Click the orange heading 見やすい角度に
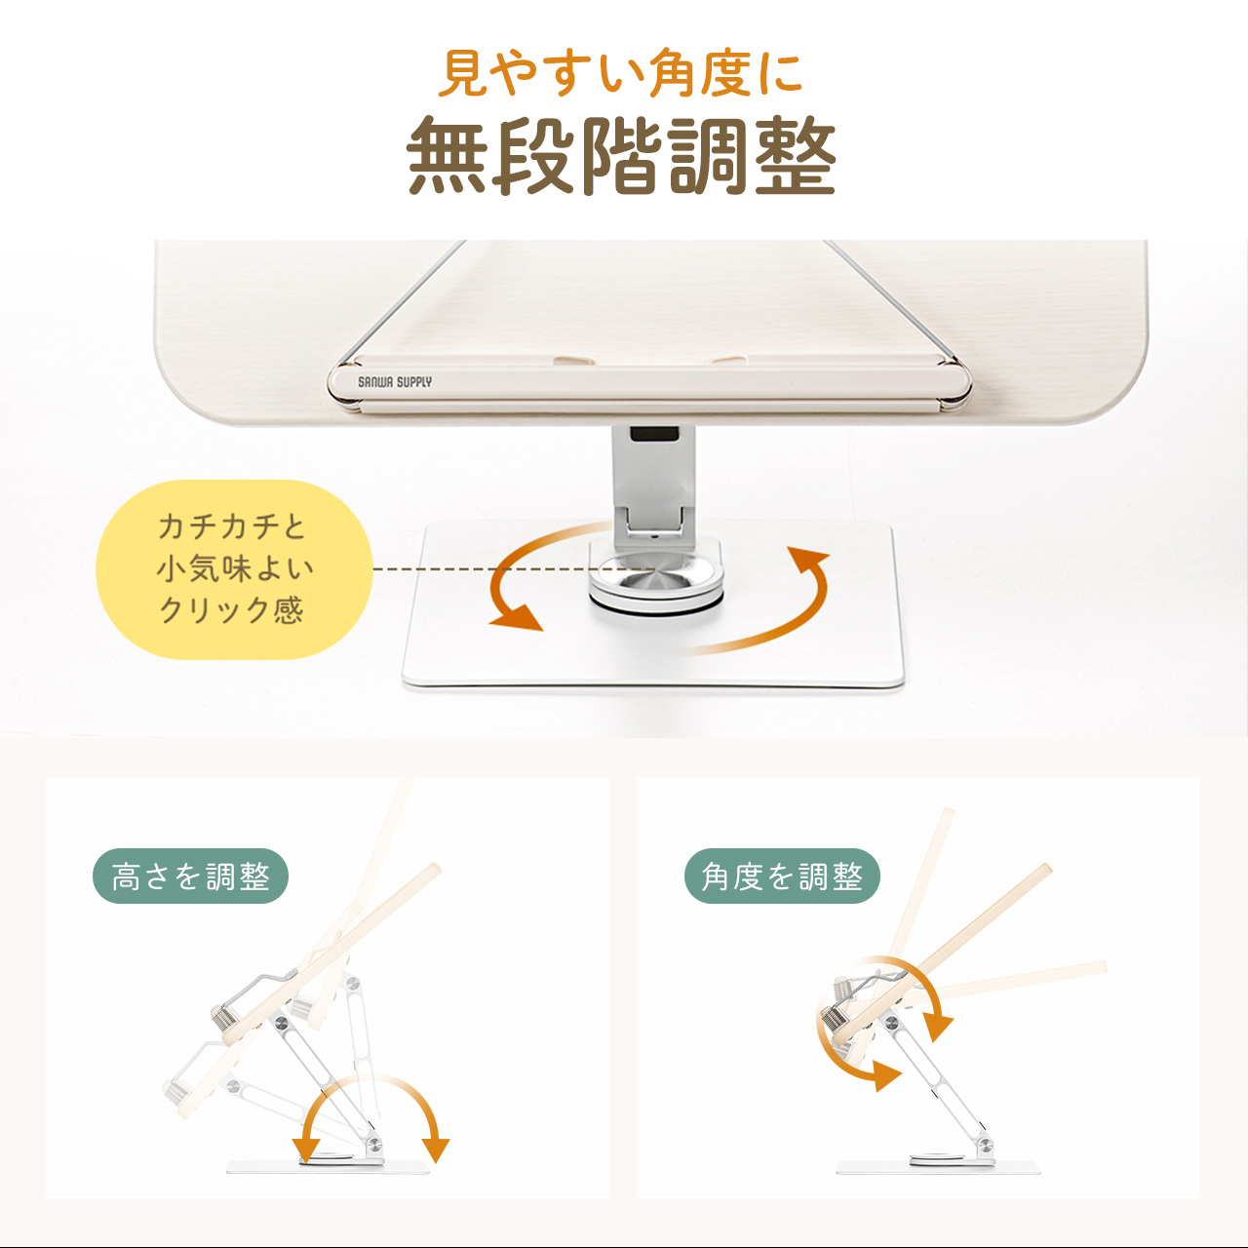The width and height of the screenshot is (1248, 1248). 620,73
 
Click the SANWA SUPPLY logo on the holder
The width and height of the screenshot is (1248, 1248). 395,382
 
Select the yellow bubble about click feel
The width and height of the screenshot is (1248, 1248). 234,569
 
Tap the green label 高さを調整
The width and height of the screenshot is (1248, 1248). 190,877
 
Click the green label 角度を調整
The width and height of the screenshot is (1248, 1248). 782,877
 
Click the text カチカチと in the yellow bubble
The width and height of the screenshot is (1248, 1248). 231,526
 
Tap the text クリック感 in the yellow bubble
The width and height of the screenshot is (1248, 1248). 231,610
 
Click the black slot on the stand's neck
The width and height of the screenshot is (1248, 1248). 655,433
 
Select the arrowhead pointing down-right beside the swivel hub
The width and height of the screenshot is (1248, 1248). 518,616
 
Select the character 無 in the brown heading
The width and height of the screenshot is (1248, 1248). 447,155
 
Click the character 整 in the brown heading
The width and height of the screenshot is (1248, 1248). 796,155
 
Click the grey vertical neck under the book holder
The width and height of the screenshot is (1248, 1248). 654,480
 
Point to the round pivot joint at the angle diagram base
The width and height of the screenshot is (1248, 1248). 985,1145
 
